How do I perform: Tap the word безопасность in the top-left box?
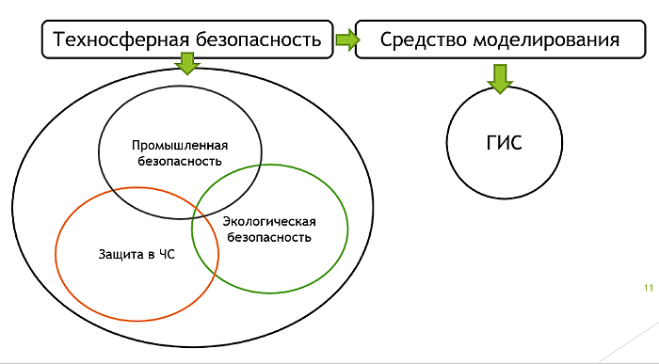pyautogui.click(x=259, y=40)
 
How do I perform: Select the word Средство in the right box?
pyautogui.click(x=424, y=40)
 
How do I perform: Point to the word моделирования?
pyautogui.click(x=546, y=40)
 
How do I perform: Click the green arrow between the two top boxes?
pyautogui.click(x=347, y=40)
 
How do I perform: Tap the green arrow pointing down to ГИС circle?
pyautogui.click(x=500, y=78)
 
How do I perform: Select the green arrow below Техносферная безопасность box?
pyautogui.click(x=187, y=63)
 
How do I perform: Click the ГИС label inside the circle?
pyautogui.click(x=504, y=142)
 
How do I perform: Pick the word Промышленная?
pyautogui.click(x=180, y=145)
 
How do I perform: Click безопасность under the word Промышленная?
pyautogui.click(x=180, y=161)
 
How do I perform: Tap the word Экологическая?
pyautogui.click(x=269, y=222)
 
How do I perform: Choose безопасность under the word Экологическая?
pyautogui.click(x=269, y=237)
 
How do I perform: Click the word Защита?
pyautogui.click(x=121, y=254)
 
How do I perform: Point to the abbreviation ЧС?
pyautogui.click(x=167, y=254)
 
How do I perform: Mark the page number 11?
pyautogui.click(x=649, y=288)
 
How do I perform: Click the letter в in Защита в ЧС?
pyautogui.click(x=151, y=255)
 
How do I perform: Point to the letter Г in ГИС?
pyautogui.click(x=491, y=142)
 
